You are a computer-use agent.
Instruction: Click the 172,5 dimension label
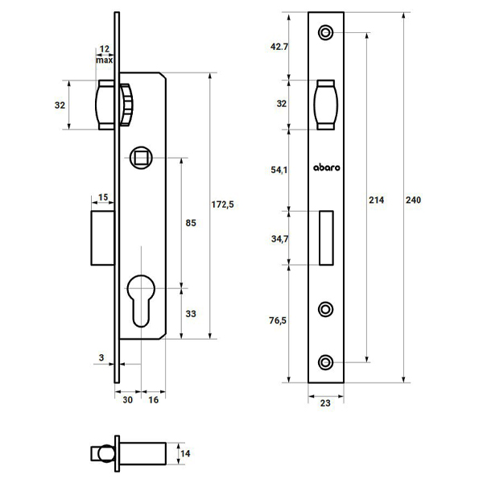(x=222, y=204)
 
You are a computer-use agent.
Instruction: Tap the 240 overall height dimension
(x=413, y=200)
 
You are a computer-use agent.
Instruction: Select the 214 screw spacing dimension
(x=377, y=200)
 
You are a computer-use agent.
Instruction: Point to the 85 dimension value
(x=191, y=223)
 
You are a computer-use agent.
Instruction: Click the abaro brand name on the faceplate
(x=327, y=167)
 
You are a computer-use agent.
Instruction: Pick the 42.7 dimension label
(x=279, y=47)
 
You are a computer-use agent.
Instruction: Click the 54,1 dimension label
(x=279, y=170)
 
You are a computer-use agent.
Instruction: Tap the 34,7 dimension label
(x=279, y=239)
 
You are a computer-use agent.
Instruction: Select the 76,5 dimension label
(x=278, y=320)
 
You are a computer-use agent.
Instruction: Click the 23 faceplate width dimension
(x=325, y=403)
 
